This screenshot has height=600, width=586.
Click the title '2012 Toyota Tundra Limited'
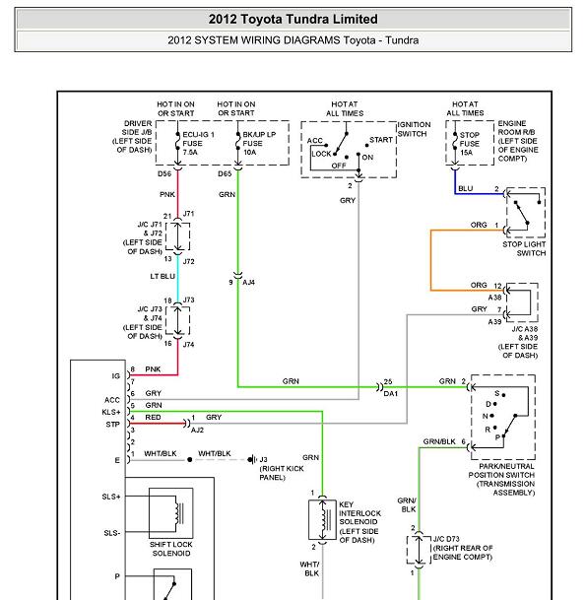pos(293,19)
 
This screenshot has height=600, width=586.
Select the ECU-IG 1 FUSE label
pos(198,144)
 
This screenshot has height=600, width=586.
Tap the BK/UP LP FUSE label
pos(259,144)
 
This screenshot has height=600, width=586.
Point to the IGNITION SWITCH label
pos(414,129)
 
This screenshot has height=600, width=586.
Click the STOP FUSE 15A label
pos(469,144)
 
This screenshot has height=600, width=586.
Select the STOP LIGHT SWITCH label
pos(524,248)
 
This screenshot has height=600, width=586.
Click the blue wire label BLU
pos(466,188)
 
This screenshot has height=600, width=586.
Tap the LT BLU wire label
pos(163,276)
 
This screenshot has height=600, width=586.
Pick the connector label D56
pos(164,173)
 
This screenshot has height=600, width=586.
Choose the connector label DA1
pos(391,393)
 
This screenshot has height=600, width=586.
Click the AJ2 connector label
pos(197,431)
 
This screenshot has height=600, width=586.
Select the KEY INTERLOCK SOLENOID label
pos(359,522)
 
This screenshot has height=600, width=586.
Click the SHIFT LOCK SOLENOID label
pos(171,549)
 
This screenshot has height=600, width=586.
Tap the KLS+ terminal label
pos(111,412)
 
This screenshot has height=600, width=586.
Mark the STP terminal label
pos(113,425)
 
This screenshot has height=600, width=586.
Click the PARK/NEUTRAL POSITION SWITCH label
pos(501,480)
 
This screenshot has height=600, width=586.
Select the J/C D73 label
pos(446,539)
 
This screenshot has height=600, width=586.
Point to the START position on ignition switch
pos(381,140)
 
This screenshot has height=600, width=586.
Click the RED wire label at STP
pos(153,418)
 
